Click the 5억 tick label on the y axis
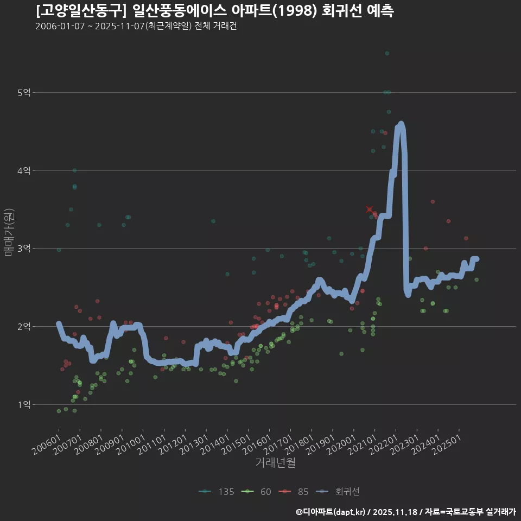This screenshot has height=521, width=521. tap(23, 93)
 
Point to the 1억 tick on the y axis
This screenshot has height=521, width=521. tap(23, 404)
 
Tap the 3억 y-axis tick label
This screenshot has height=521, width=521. tap(23, 249)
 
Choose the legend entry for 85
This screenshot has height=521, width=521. tap(296, 492)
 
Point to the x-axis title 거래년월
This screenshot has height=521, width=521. tap(275, 463)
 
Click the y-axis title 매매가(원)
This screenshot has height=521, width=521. tap(9, 232)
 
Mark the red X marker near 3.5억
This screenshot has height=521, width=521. tap(370, 209)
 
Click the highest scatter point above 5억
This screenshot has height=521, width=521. tap(387, 53)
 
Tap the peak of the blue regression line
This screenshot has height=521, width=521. tap(401, 124)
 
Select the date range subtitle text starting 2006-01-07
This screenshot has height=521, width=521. tap(136, 26)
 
